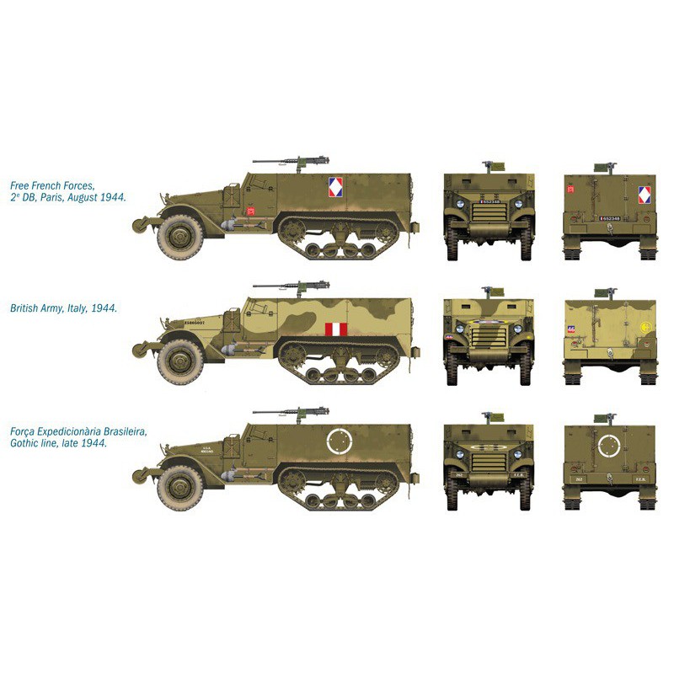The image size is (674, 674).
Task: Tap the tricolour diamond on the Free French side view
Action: click(x=335, y=187)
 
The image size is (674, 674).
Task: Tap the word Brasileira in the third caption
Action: click(x=120, y=431)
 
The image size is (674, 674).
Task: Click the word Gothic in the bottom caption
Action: click(x=25, y=443)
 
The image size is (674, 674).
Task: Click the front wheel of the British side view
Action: click(x=179, y=357)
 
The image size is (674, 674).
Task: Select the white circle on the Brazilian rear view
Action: click(x=609, y=445)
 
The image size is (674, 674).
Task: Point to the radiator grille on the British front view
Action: click(x=489, y=336)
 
